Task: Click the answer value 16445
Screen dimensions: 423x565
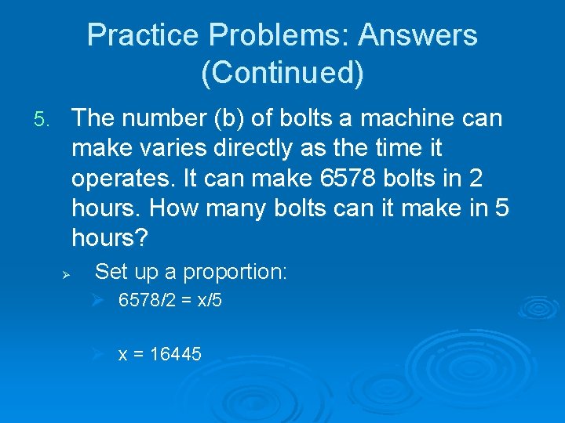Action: [175, 355]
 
